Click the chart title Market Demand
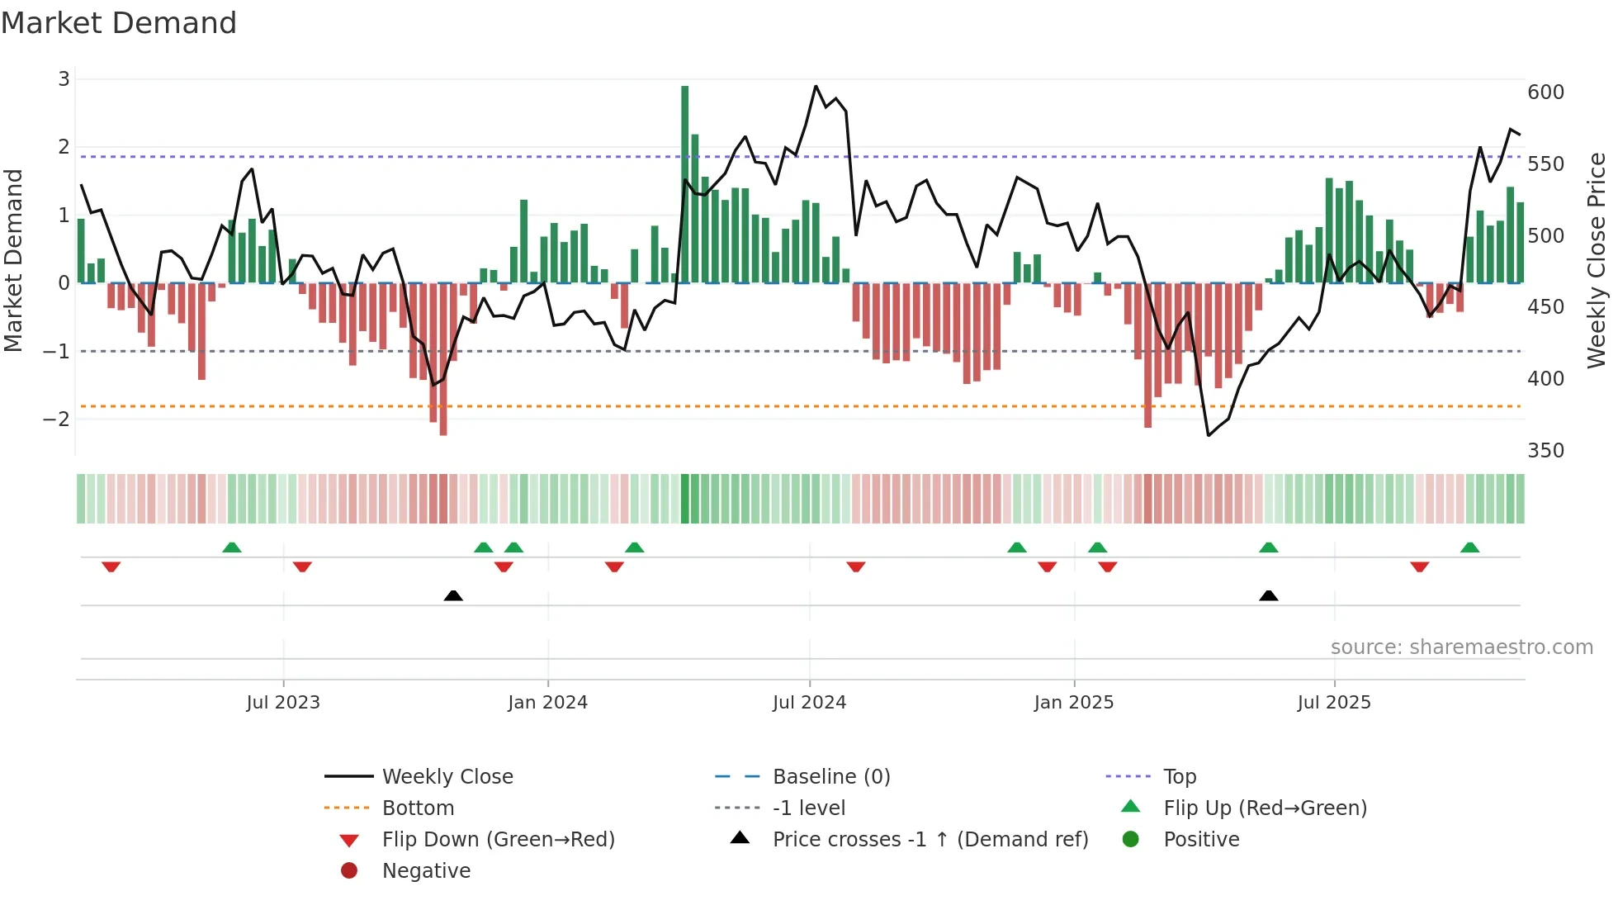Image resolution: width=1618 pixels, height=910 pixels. pos(119,23)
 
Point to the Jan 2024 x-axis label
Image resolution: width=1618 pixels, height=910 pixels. pos(547,703)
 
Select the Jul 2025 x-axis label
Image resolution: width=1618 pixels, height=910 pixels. pos(1333,703)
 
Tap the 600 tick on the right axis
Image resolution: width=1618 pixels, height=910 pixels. pos(1545,92)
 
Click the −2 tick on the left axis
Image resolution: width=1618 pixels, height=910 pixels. pos(57,419)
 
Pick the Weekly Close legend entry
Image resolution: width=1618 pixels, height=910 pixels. pos(447,777)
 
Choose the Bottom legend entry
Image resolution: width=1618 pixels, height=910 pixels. pos(418,808)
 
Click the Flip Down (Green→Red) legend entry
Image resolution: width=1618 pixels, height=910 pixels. pos(498,840)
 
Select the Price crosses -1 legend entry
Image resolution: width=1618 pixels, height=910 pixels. pos(930,840)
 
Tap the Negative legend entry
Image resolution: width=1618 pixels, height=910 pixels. pos(426,871)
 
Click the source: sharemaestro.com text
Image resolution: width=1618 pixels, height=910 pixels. pos(1461,647)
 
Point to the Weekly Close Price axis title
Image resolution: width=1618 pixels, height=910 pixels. pos(1597,260)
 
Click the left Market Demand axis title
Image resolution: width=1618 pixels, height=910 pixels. pos(14,260)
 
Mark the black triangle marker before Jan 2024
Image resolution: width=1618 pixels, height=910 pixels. pos(453,595)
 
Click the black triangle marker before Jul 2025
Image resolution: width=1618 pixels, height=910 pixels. pos(1269,595)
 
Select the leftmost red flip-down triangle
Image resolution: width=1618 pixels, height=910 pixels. pos(111,566)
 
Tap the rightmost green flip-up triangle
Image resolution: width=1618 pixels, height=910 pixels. pos(1469,547)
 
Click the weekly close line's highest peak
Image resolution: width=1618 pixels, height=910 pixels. pos(816,86)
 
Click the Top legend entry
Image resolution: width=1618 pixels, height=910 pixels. pos(1180,777)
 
